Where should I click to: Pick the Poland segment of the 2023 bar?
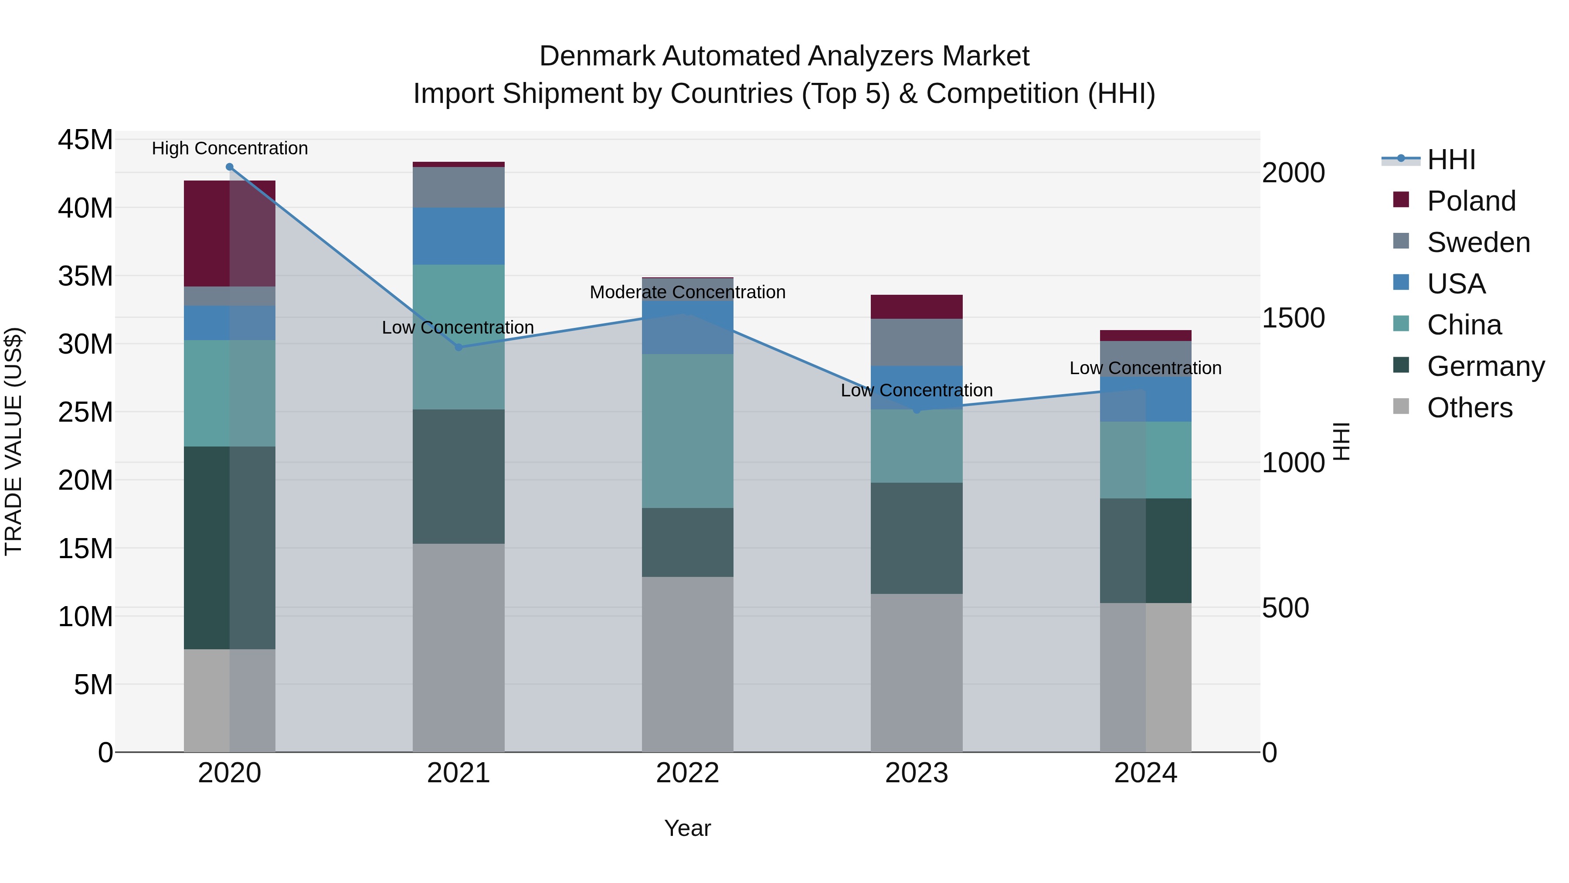point(916,307)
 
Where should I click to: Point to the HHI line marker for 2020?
point(230,167)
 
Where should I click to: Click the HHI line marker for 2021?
point(458,348)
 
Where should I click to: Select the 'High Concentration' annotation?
point(230,148)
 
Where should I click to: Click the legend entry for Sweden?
point(1478,242)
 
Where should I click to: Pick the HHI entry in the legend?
point(1451,160)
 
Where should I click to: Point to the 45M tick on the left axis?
point(85,140)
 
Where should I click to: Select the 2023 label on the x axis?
point(916,773)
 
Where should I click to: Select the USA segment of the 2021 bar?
point(458,236)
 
